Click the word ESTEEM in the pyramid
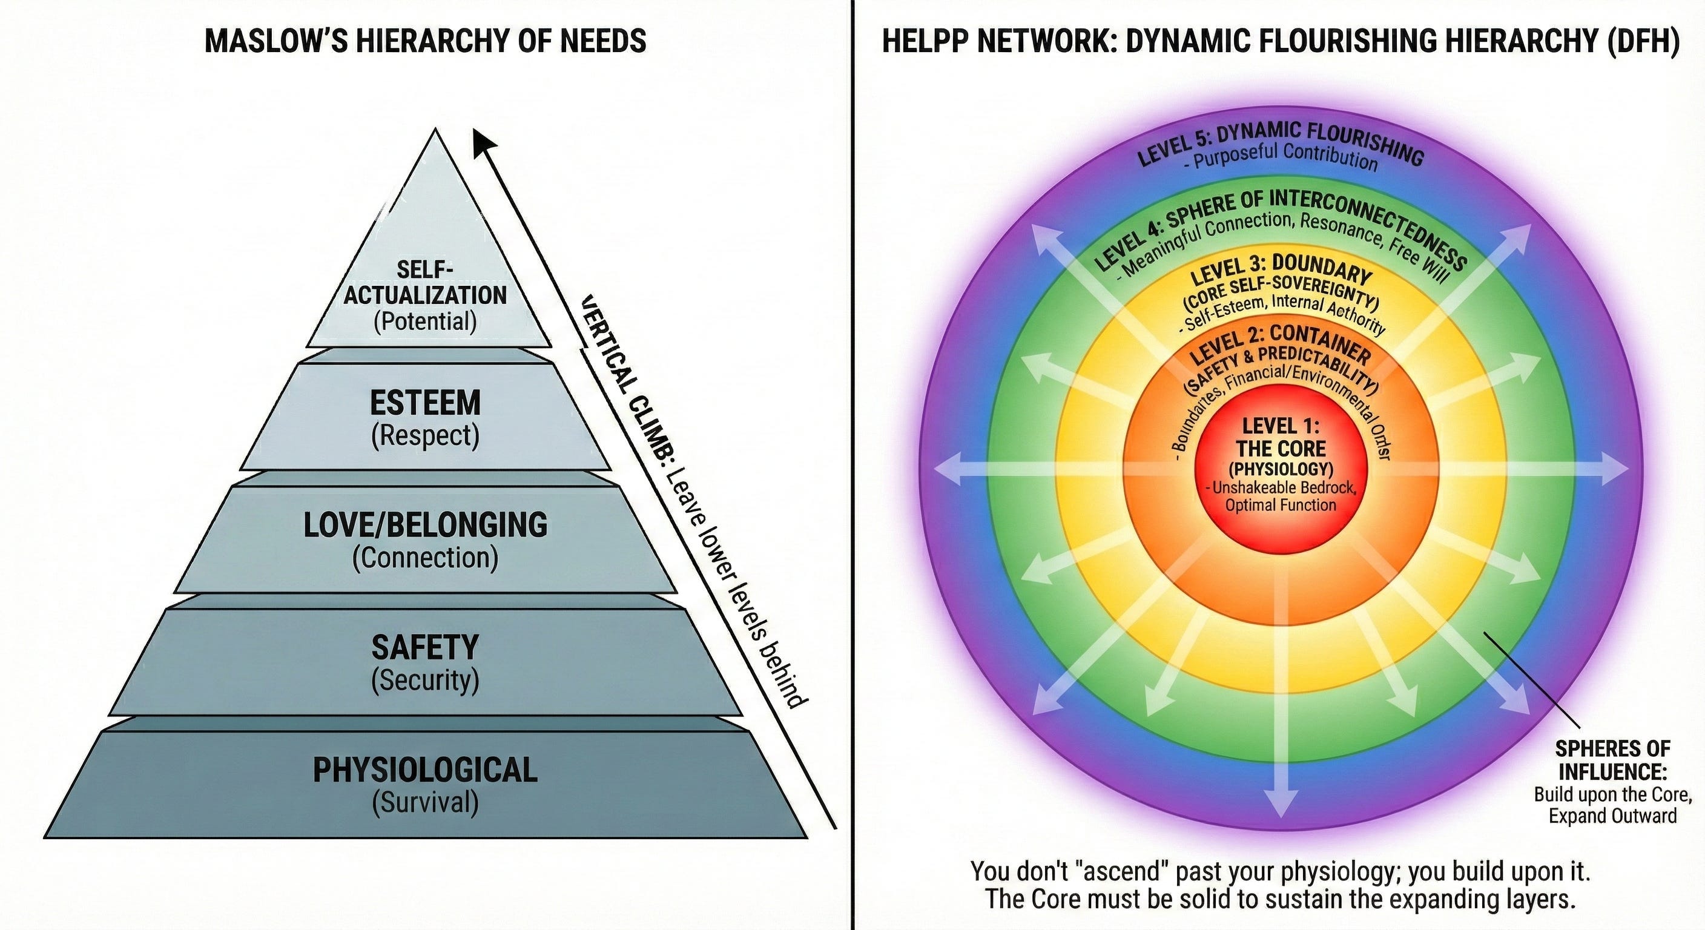click(x=425, y=403)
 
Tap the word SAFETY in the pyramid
click(x=425, y=647)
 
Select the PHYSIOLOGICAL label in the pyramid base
click(x=425, y=770)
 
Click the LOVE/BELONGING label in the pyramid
click(x=425, y=525)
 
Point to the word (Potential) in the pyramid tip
click(x=425, y=322)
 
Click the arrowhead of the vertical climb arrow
click(x=483, y=141)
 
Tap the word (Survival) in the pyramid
click(x=425, y=802)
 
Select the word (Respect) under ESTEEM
click(x=425, y=435)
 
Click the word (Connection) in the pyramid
click(x=425, y=558)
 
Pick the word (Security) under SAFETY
click(x=425, y=680)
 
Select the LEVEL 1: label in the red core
click(x=1280, y=426)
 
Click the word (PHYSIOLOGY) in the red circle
click(x=1280, y=469)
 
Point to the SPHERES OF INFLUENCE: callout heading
click(x=1612, y=760)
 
